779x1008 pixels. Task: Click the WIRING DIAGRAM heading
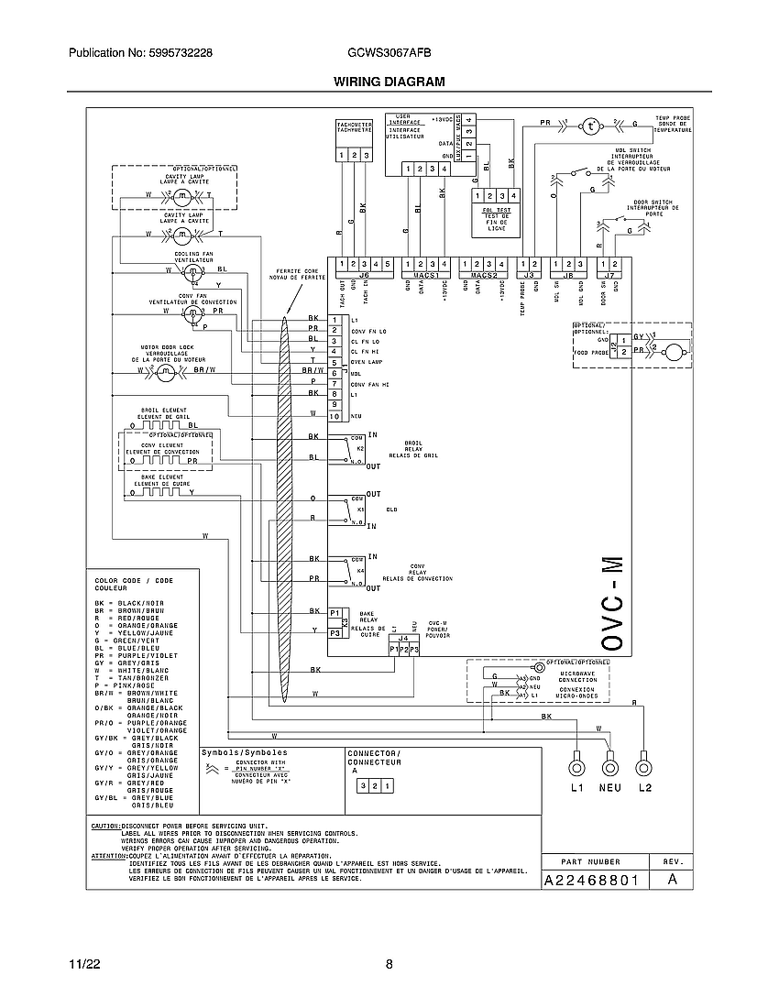coord(389,82)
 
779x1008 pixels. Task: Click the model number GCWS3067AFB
coord(389,54)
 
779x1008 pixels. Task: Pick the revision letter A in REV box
coord(672,880)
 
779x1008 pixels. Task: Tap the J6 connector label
coord(362,274)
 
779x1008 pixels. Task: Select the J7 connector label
coord(609,274)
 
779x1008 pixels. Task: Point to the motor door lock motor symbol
coord(180,371)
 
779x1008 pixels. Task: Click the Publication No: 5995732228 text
coord(141,54)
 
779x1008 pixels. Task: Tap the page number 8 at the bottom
coord(389,965)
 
